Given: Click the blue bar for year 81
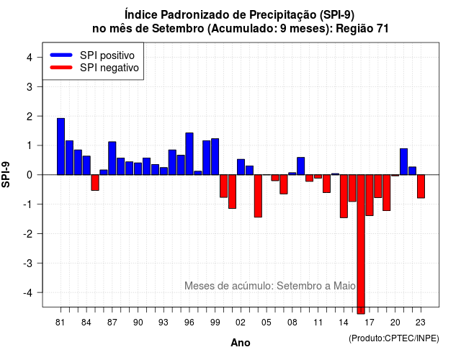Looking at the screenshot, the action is point(61,146).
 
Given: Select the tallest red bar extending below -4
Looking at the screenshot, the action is point(361,244).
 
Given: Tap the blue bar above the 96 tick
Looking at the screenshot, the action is point(189,153).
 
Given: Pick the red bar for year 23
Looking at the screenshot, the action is point(421,186).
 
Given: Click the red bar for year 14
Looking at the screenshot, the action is point(344,196).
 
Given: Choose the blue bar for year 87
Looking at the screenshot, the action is point(112,158).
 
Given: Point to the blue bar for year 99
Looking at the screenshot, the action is point(215,157).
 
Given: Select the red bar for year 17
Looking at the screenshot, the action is point(370,195).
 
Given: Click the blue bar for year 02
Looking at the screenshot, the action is point(241,167).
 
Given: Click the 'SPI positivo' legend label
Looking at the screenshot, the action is point(107,55).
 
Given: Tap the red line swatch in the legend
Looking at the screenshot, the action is point(61,67).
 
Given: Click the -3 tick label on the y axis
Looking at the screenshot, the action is point(28,263).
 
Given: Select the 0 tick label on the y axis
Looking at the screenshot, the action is point(30,175).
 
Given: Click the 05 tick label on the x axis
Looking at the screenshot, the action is point(267,323).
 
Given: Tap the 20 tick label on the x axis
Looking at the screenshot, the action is point(395,323).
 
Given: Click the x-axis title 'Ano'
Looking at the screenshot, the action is point(241,343).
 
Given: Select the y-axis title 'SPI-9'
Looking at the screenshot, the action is point(6,174).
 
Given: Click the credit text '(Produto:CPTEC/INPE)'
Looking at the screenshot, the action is point(394,338).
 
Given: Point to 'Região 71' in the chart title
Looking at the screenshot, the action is point(362,29).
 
